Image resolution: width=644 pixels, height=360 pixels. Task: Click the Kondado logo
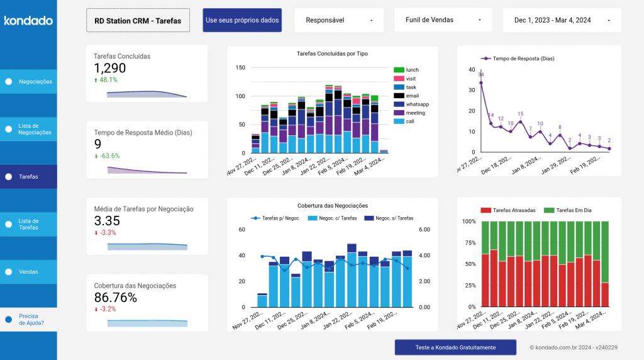(28, 21)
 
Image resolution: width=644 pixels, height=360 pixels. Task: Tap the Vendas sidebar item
(28, 272)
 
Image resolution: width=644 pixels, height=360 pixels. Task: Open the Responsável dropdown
(340, 20)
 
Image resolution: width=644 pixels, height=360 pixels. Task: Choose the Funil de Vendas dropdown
(443, 20)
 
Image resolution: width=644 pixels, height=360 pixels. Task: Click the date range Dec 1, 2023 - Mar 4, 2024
(562, 20)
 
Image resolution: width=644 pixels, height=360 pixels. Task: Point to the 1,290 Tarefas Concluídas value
(110, 68)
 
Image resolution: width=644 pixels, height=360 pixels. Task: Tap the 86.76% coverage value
(116, 298)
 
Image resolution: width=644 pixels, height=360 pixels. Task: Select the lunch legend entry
(412, 70)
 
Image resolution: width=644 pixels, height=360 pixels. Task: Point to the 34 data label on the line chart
(481, 75)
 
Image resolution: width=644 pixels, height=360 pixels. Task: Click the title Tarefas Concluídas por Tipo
(332, 54)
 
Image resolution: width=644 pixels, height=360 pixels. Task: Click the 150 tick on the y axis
(240, 67)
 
